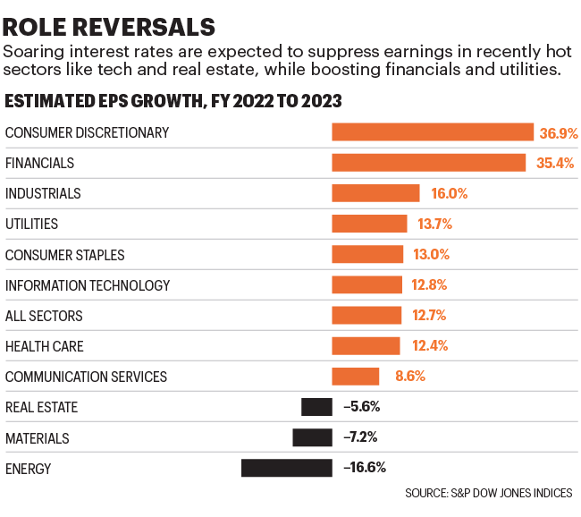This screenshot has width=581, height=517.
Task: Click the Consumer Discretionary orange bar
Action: (x=433, y=132)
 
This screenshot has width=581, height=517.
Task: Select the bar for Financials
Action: (x=428, y=163)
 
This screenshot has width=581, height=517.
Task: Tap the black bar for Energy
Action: (x=286, y=468)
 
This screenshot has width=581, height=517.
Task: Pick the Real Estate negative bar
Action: (x=316, y=407)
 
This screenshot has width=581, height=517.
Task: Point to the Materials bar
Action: (x=312, y=437)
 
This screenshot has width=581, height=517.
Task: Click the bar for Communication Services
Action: (x=355, y=377)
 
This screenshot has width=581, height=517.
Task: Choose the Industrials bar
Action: (x=375, y=193)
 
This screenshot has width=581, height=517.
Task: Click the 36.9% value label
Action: (x=559, y=132)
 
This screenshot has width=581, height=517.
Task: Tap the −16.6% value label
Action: (x=365, y=468)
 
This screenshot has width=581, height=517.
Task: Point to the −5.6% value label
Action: (x=362, y=407)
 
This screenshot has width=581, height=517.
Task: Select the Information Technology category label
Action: (x=88, y=285)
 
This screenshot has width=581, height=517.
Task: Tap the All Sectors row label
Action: (x=44, y=316)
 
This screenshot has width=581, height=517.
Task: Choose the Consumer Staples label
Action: (x=65, y=255)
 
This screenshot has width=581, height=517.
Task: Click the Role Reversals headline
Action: (x=110, y=25)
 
